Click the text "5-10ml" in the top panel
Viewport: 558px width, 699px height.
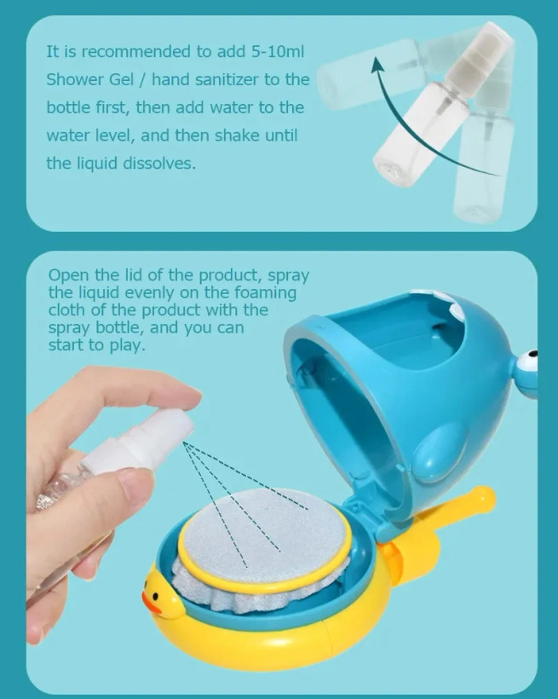[277, 52]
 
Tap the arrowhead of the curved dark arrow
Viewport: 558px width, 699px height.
[378, 64]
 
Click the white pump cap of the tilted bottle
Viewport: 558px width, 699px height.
[479, 53]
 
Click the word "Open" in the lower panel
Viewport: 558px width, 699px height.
[66, 276]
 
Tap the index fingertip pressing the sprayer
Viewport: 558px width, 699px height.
[187, 394]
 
